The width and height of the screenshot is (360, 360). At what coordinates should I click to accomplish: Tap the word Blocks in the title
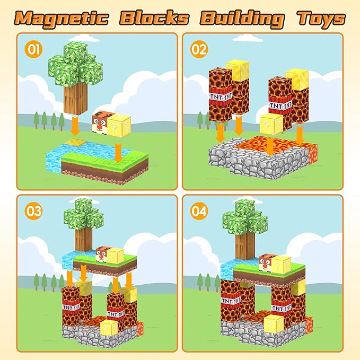point(154,17)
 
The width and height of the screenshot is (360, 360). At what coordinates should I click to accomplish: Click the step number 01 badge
point(33,50)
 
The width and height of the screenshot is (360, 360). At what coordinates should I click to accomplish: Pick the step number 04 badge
point(199,212)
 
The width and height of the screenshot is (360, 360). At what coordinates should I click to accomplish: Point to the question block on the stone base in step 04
point(274,323)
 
